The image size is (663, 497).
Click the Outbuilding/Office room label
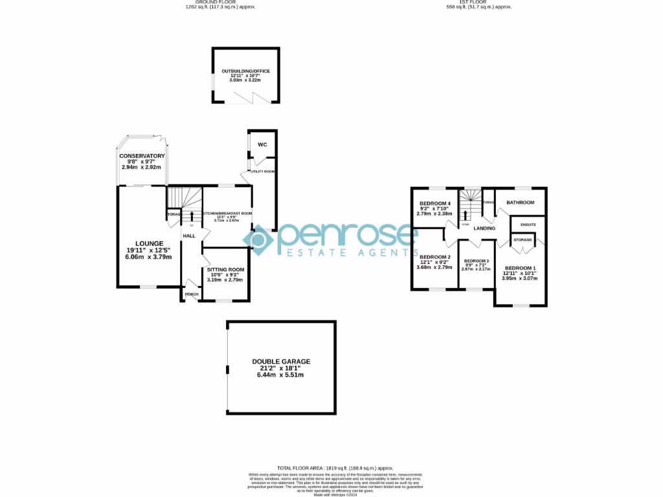pos(245,71)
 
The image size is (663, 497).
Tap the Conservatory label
pos(142,156)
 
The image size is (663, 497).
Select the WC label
pos(262,144)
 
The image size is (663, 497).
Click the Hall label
pos(189,236)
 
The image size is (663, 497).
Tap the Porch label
pos(192,294)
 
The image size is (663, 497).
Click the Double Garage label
pos(281,362)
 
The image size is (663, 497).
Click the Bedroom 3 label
pos(476,261)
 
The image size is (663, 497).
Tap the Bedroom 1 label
pos(521,268)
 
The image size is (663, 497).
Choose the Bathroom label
pos(521,203)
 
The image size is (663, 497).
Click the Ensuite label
pos(528,225)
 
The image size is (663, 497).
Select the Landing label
pos(484,228)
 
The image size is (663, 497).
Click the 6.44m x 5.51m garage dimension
pos(281,375)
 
